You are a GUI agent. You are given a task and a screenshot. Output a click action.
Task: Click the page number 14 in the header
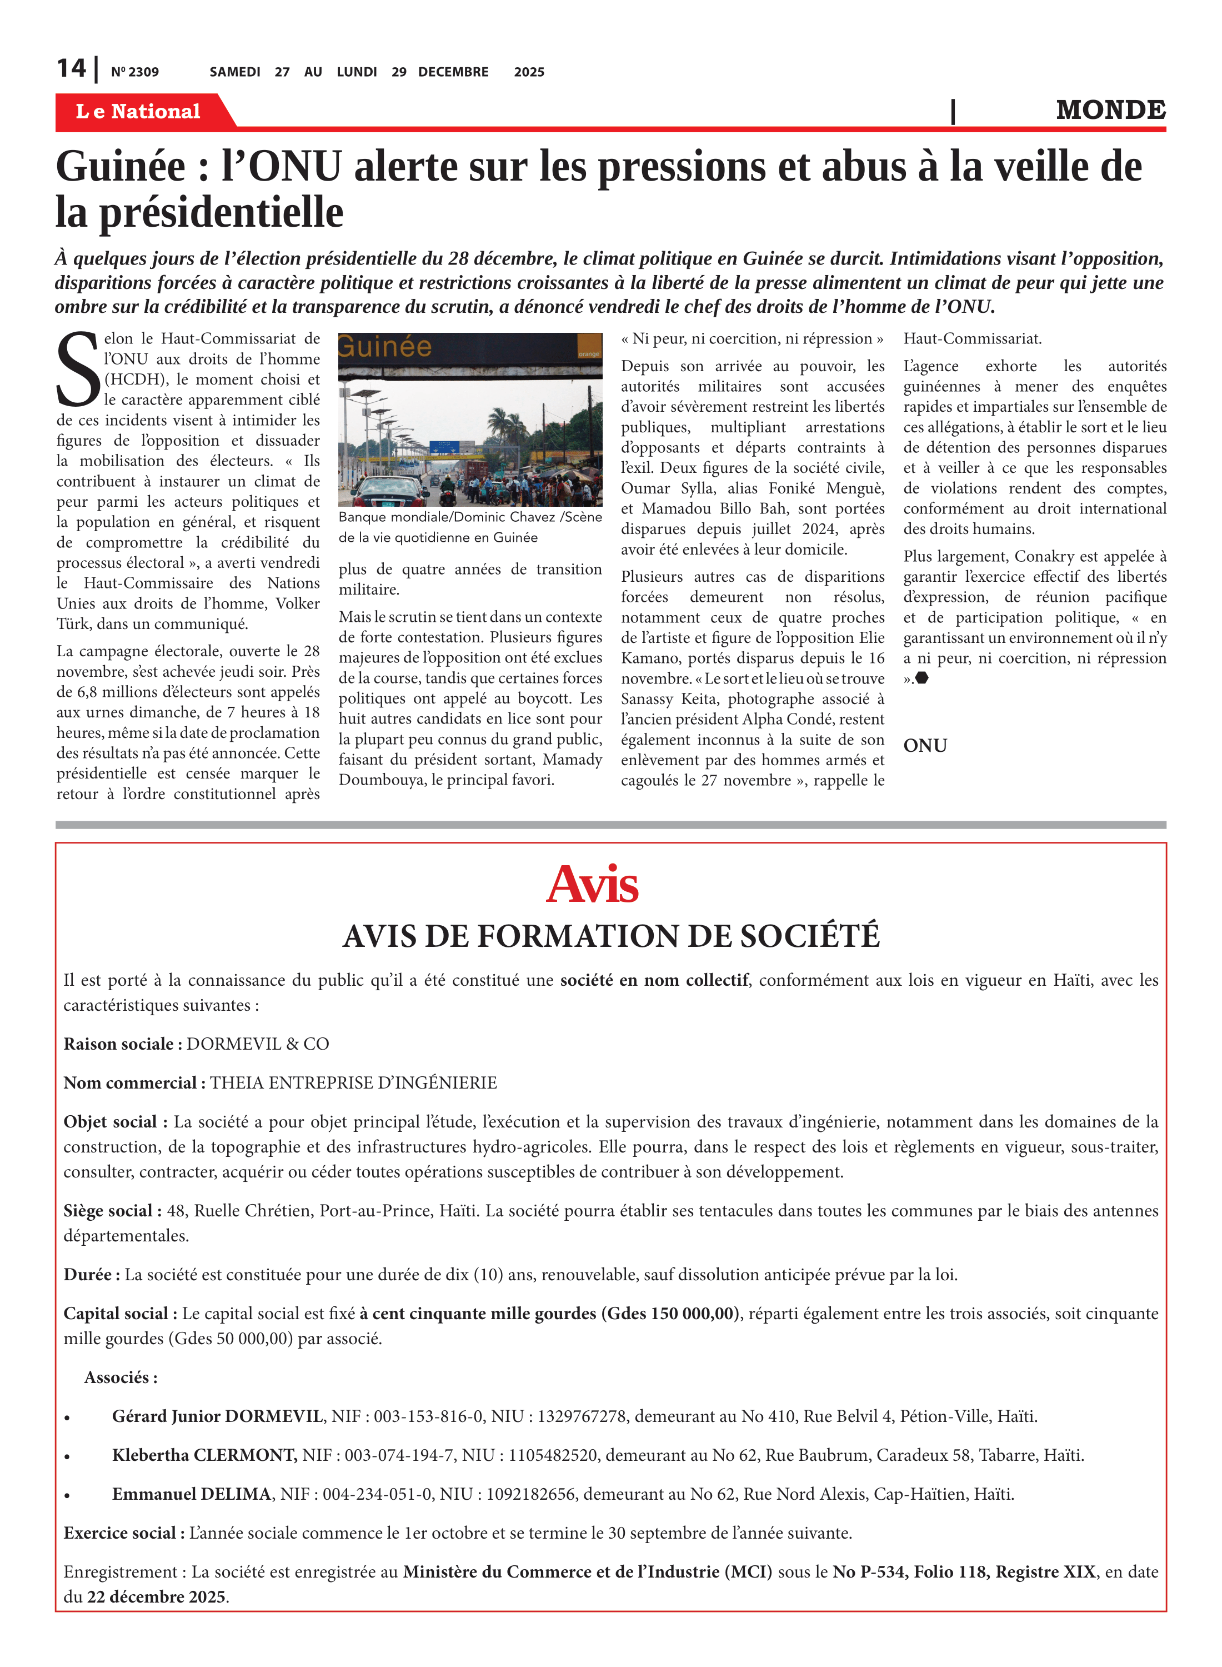pyautogui.click(x=72, y=69)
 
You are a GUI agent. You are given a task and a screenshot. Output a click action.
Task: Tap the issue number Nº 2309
pyautogui.click(x=134, y=72)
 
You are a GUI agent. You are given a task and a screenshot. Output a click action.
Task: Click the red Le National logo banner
pyautogui.click(x=138, y=111)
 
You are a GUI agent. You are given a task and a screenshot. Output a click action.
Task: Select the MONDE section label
pyautogui.click(x=1110, y=110)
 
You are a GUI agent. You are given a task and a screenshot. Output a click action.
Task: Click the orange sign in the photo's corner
pyautogui.click(x=589, y=348)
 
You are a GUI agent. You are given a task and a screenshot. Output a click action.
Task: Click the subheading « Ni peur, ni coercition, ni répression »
pyautogui.click(x=752, y=339)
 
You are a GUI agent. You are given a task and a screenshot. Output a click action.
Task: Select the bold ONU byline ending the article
pyautogui.click(x=925, y=745)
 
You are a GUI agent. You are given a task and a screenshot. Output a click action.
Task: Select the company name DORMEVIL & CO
pyautogui.click(x=257, y=1044)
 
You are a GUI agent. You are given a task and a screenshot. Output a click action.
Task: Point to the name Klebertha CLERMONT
pyautogui.click(x=205, y=1455)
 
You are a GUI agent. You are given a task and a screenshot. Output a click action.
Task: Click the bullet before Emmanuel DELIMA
pyautogui.click(x=67, y=1495)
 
